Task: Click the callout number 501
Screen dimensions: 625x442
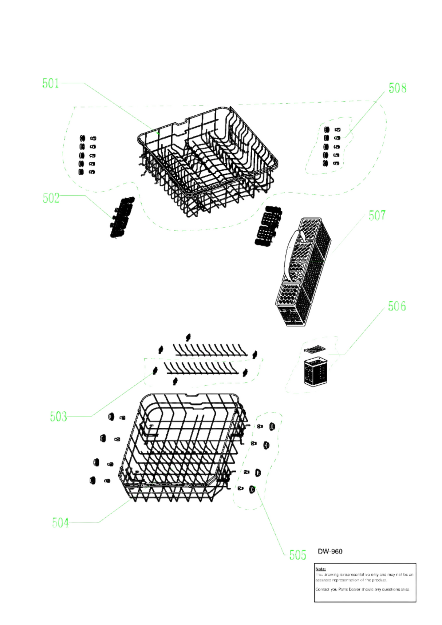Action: [x=50, y=83]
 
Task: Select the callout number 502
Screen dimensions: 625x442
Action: [x=51, y=198]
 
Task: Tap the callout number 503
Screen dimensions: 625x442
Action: [x=58, y=416]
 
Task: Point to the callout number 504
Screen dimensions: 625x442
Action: [x=60, y=523]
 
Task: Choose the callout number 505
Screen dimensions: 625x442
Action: [x=297, y=555]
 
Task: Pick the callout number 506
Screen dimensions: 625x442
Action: [x=396, y=306]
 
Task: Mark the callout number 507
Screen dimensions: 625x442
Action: [x=377, y=215]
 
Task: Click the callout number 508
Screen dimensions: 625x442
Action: [x=397, y=88]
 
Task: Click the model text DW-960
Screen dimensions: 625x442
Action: [x=330, y=551]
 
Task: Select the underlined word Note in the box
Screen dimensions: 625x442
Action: [x=320, y=569]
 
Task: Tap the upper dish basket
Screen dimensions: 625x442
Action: [x=208, y=160]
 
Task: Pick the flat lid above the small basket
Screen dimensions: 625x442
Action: [x=314, y=349]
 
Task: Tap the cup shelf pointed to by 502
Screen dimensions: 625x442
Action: [x=122, y=217]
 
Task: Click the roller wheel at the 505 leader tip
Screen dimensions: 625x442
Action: [x=252, y=489]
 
